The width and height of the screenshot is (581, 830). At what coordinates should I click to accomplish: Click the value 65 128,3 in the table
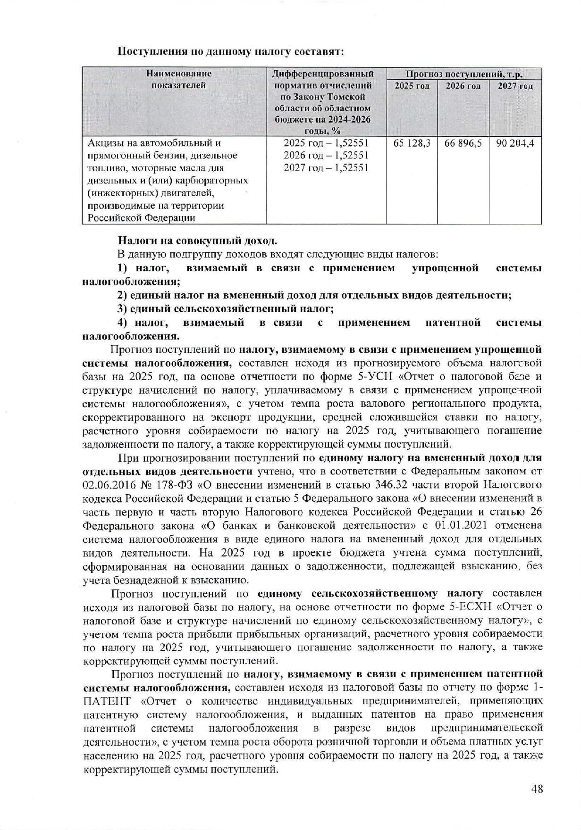tap(412, 143)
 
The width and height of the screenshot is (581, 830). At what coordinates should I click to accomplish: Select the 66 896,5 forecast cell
tap(463, 143)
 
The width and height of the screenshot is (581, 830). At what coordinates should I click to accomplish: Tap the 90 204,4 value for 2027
tap(515, 143)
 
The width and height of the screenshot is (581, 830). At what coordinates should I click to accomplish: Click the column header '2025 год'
tap(412, 86)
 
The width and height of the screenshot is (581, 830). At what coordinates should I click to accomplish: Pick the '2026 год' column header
tap(463, 86)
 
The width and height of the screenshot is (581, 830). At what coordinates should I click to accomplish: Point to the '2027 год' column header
tap(515, 86)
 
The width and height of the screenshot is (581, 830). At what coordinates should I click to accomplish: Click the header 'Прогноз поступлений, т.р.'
tap(464, 74)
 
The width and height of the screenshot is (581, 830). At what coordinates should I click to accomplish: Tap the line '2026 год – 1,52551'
tap(326, 156)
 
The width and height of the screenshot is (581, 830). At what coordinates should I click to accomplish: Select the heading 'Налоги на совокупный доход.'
tap(197, 241)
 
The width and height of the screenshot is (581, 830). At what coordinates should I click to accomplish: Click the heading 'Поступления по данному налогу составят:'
tap(230, 51)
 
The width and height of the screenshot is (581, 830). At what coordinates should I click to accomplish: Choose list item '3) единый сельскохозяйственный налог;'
tap(226, 309)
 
